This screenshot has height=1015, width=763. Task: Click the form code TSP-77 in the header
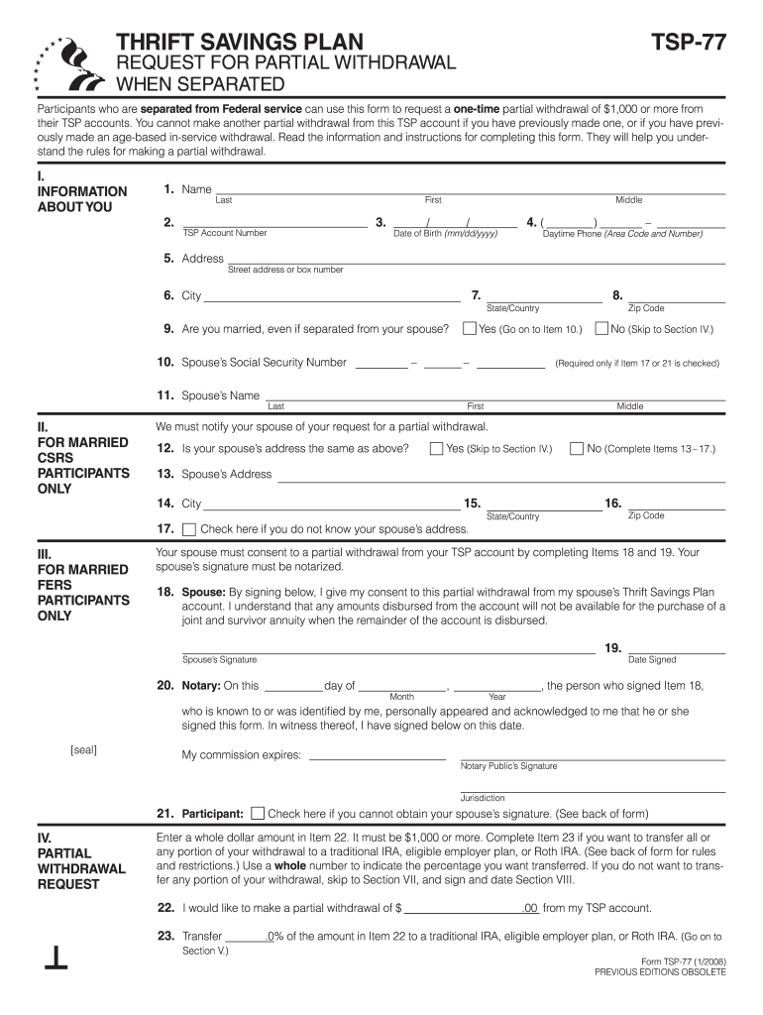[x=688, y=42]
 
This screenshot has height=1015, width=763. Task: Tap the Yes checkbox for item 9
[x=471, y=328]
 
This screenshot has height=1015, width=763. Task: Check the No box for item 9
[x=601, y=328]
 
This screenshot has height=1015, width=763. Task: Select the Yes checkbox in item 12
[x=436, y=449]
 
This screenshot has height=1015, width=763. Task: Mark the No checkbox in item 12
[x=577, y=449]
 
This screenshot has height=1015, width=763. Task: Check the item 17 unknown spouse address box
[x=190, y=529]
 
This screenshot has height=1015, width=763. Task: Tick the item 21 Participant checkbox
[x=258, y=814]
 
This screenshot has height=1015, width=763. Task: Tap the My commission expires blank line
[x=378, y=755]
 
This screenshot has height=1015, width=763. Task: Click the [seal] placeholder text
[x=84, y=750]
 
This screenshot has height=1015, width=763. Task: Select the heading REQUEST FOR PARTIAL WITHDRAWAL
[x=286, y=63]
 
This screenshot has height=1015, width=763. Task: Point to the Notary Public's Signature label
[x=508, y=766]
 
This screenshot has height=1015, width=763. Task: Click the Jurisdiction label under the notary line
[x=483, y=798]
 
